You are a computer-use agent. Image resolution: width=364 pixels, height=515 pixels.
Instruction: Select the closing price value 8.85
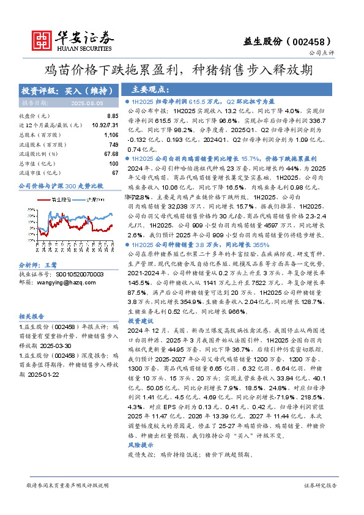pos(112,116)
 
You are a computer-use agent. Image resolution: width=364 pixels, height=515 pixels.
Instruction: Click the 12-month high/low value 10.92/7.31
pos(104,125)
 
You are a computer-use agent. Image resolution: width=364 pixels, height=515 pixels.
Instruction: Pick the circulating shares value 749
pos(113,144)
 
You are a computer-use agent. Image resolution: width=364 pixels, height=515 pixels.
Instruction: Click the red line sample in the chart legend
pos(45,199)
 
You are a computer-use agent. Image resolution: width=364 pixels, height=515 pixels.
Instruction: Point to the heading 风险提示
pos(141,445)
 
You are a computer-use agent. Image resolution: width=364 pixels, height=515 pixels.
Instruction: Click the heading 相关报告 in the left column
pos(32,316)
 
